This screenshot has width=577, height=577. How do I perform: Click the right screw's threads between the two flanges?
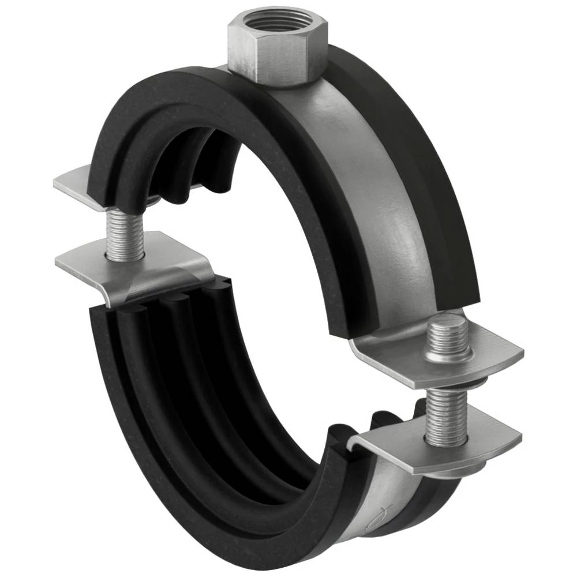pos(445,415)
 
